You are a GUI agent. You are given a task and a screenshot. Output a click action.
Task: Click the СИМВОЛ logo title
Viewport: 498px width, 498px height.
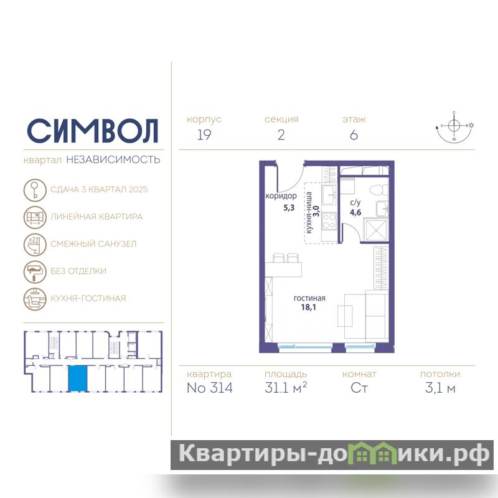point(92,131)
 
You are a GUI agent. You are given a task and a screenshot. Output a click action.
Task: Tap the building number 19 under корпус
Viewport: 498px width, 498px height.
point(204,135)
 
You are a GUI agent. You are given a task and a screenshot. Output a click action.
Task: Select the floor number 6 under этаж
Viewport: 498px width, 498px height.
point(354,135)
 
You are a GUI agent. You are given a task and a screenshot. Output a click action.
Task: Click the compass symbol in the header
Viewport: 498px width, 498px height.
point(454,126)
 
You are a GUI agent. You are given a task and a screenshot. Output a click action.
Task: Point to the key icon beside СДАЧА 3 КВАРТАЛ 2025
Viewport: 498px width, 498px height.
point(35,190)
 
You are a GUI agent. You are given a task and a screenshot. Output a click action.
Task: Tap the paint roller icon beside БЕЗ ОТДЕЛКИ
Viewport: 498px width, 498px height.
point(35,272)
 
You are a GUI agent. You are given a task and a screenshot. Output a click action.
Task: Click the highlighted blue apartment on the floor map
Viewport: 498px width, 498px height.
point(77,378)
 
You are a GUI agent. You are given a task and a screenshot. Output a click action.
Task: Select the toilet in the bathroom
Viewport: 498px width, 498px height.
point(379,190)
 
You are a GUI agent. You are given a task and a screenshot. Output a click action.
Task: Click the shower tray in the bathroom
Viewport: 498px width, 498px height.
point(376,230)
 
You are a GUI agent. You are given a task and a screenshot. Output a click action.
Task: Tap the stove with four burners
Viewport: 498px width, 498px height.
point(329,221)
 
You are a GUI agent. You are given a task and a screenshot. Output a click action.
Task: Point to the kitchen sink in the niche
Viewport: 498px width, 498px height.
point(329,195)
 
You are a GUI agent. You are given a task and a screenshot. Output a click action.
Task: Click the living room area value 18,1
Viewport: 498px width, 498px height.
point(308,307)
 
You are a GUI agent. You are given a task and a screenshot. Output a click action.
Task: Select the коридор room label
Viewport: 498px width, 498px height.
point(281,196)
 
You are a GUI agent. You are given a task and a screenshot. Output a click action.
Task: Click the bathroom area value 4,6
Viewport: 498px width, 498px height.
point(355,212)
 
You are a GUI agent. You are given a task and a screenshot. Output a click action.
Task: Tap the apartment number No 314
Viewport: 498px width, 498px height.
point(210,388)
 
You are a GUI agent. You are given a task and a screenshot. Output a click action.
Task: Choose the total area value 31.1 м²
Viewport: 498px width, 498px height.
point(286,387)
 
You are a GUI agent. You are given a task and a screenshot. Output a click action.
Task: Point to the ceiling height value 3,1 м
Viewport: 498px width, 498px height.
point(440,388)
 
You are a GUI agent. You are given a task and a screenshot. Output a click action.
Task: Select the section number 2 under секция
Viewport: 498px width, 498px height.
point(281,135)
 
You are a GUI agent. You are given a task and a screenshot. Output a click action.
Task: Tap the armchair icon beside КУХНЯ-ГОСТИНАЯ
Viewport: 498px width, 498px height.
point(35,299)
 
